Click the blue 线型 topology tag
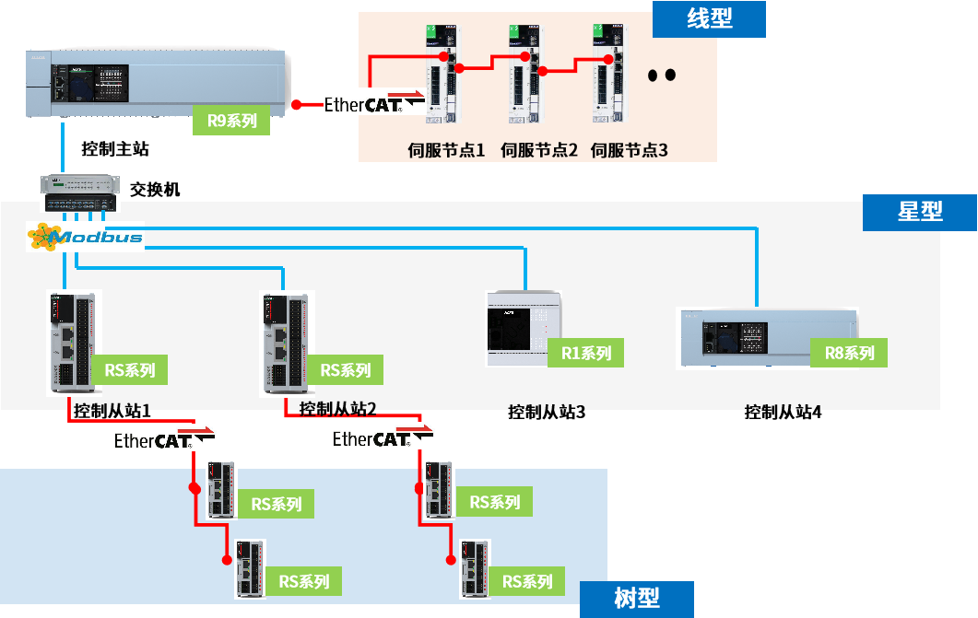pos(709,18)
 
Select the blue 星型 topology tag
pos(919,212)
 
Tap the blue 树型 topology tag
pos(636,598)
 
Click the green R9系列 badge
pos(231,120)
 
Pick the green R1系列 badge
pos(585,353)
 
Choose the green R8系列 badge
pos(849,352)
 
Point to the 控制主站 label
pos(115,148)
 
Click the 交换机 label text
pos(155,189)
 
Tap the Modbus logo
pos(85,239)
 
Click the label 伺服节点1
pos(446,149)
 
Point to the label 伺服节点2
pos(539,149)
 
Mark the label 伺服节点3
pos(629,149)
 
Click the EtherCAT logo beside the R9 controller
pos(372,103)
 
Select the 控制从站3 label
pos(547,412)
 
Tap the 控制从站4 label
pos(783,412)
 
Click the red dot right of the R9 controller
pos(297,105)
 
